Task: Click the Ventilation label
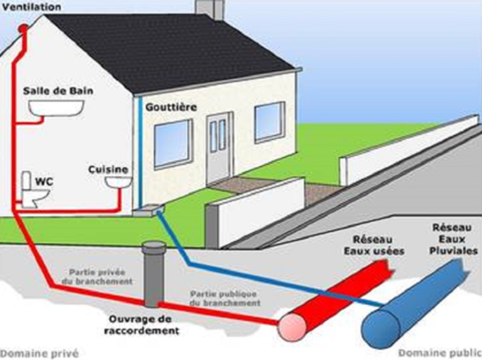[x=32, y=6]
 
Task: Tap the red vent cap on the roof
[x=23, y=29]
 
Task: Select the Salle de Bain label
[x=58, y=91]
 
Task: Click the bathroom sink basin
[x=56, y=108]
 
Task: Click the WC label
[x=44, y=182]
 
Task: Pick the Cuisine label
[x=108, y=169]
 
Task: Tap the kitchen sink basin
[x=119, y=182]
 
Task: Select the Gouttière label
[x=171, y=107]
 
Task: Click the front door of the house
[x=220, y=148]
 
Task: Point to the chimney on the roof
[x=209, y=9]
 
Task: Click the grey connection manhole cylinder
[x=154, y=274]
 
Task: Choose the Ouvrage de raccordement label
[x=141, y=325]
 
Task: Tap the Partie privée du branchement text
[x=97, y=277]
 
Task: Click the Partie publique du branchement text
[x=225, y=298]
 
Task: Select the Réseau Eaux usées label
[x=374, y=245]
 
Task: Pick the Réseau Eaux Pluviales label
[x=453, y=240]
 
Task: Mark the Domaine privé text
[x=40, y=354]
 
